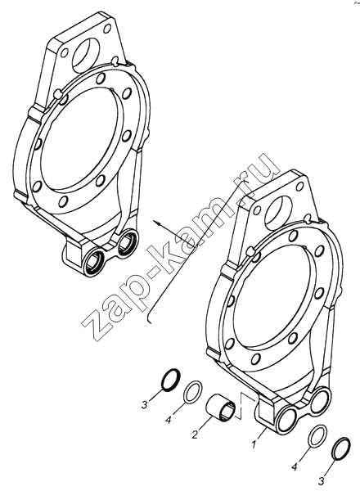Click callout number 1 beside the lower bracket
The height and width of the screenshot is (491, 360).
coord(254,444)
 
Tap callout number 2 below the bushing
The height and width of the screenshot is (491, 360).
coord(195,435)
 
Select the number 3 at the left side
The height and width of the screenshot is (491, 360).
coord(144,405)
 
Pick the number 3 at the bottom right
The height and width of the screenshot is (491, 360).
coord(322,480)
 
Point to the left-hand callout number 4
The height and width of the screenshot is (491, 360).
coord(169,420)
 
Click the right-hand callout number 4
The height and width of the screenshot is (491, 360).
coord(295,467)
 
